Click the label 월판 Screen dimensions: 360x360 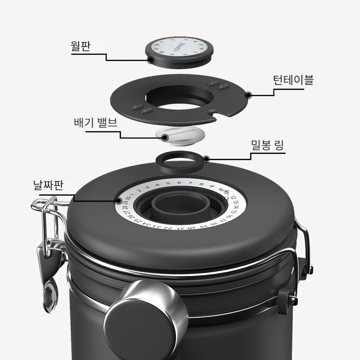point(81,46)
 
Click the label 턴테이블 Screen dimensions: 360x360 point(293,81)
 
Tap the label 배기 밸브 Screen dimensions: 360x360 point(95,122)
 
